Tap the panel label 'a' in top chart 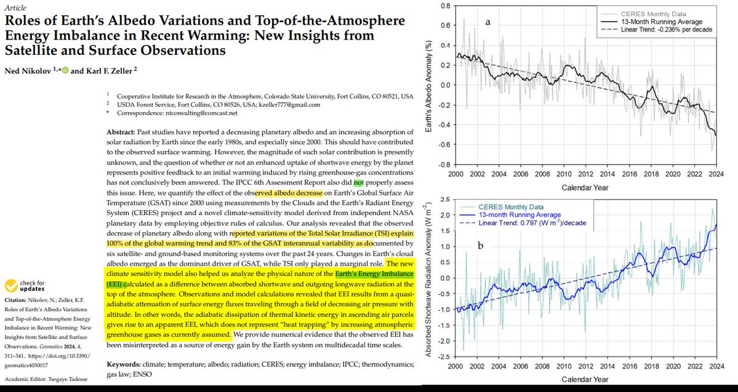point(487,23)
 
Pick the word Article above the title point(17,6)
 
